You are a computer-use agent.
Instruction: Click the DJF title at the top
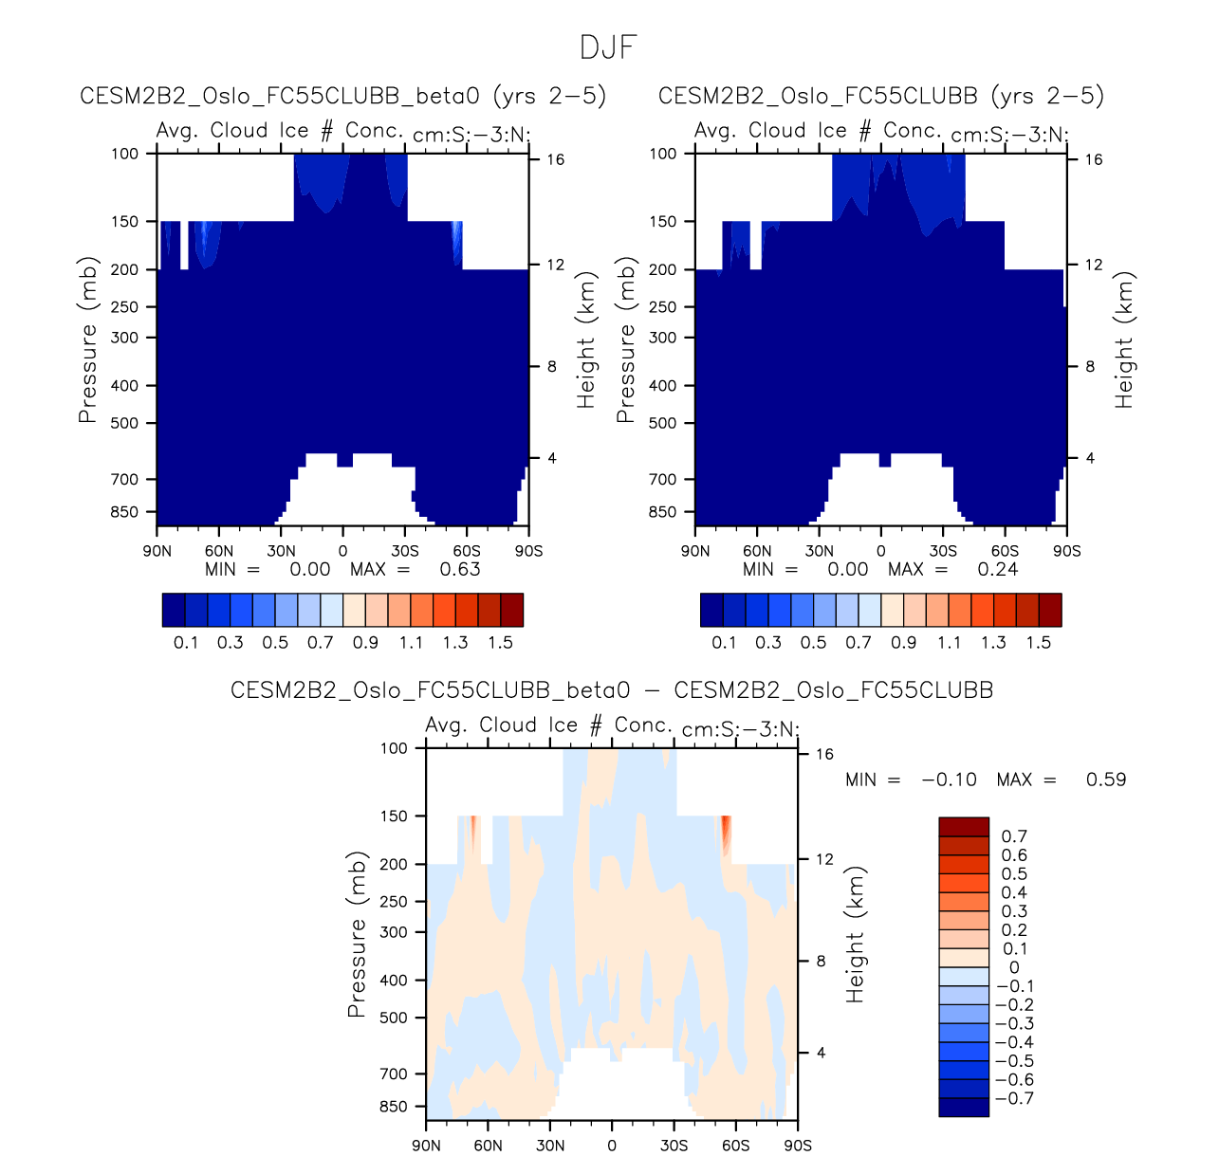(608, 47)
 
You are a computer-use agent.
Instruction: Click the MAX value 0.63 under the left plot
(460, 569)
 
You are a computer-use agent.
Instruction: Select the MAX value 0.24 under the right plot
(998, 569)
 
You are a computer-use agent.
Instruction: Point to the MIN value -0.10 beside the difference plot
(950, 780)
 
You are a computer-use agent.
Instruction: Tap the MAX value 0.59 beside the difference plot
(1106, 780)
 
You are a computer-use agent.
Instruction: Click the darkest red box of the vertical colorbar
(964, 827)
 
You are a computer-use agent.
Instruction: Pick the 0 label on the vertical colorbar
(1014, 967)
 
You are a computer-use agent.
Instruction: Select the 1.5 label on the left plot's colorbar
(500, 642)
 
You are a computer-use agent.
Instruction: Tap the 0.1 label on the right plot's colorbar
(724, 642)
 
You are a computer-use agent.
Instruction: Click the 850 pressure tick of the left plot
(124, 512)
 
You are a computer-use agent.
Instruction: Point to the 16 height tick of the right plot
(1094, 159)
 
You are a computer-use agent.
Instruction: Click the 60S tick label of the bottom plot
(735, 1145)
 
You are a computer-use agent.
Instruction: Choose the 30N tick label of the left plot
(281, 551)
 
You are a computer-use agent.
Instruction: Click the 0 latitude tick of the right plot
(881, 551)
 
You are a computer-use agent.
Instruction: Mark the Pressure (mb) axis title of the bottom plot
(357, 934)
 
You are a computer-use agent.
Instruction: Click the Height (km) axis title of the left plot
(586, 339)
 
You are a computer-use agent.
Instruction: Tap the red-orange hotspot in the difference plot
(726, 833)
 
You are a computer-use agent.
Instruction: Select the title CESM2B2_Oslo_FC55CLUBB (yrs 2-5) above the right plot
(881, 96)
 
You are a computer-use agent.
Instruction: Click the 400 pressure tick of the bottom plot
(394, 981)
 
